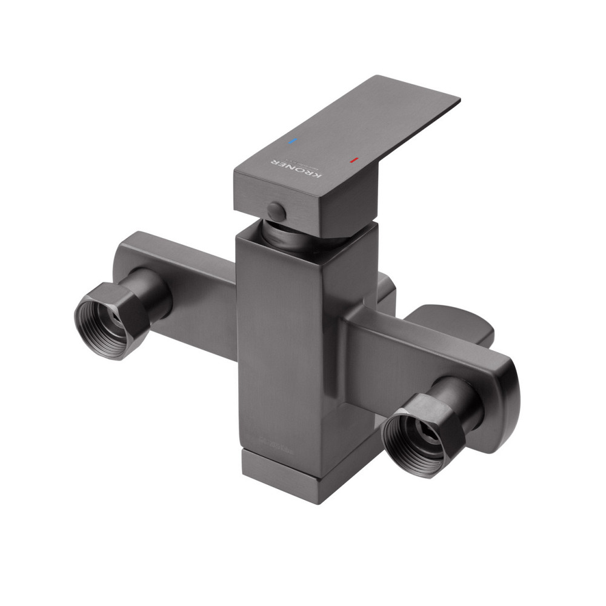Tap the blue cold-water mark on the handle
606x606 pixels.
293,141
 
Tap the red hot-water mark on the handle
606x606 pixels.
354,161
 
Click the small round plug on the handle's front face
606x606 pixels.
276,211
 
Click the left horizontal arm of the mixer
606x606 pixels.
182,285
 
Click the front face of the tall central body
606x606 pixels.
279,339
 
